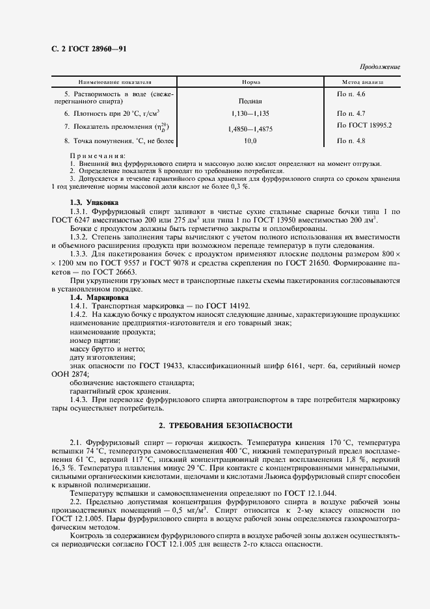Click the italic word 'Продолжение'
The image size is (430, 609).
coord(380,67)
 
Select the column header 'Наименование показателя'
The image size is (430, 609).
coord(115,83)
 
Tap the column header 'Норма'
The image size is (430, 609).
coord(251,83)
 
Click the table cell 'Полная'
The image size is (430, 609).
coord(251,101)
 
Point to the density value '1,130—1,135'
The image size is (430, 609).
coord(251,113)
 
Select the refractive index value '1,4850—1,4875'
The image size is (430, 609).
coord(251,129)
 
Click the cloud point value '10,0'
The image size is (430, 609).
coord(251,141)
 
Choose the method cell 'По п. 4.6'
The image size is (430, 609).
coord(351,95)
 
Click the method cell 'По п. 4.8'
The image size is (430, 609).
coord(351,141)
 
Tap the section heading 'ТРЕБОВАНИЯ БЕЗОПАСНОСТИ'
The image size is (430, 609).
coord(227,425)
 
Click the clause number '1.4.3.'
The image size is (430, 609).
coord(80,399)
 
